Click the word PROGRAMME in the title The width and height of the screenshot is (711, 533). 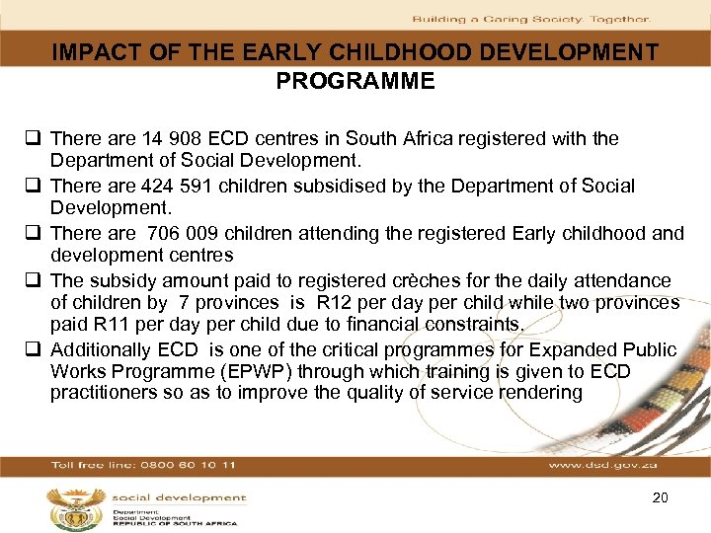(x=355, y=81)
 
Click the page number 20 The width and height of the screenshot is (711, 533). (x=660, y=498)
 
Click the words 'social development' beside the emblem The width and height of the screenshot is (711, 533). (x=178, y=498)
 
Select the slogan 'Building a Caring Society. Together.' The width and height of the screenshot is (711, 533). (x=530, y=19)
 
